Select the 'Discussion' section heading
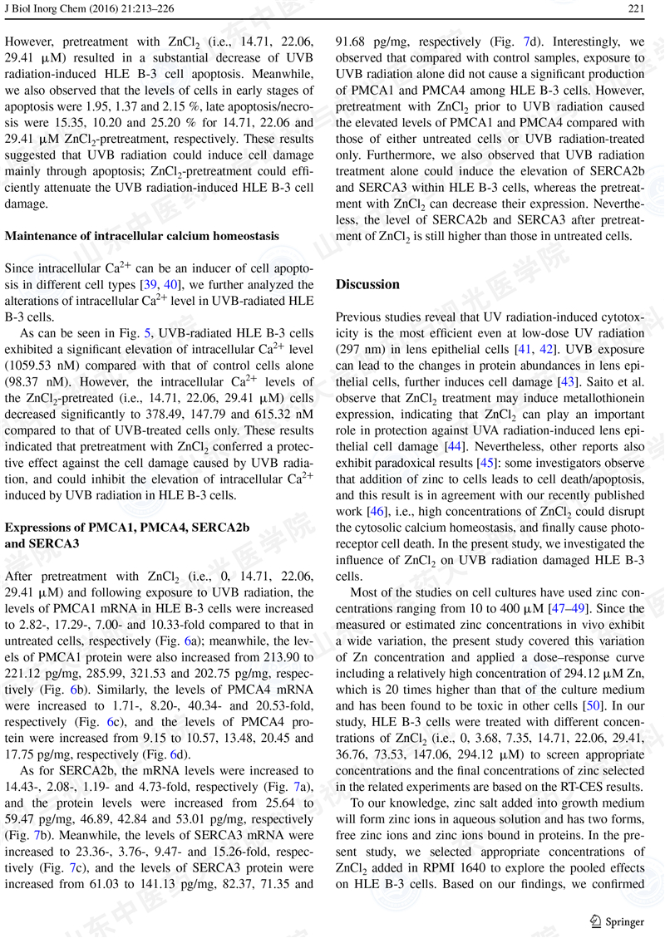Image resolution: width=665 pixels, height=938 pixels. click(x=367, y=284)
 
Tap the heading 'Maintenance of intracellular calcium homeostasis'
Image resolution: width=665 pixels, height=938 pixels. click(x=142, y=236)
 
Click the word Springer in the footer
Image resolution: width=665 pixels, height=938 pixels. click(x=624, y=921)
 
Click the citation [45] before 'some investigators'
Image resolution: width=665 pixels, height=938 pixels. click(x=488, y=463)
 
